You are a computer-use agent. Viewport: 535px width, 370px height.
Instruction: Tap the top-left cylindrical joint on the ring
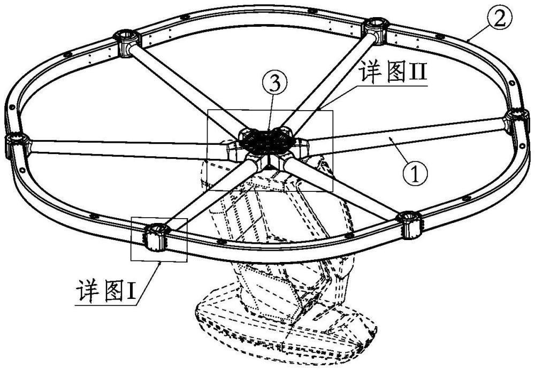(127, 41)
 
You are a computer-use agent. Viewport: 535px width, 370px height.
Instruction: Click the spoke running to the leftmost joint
(123, 148)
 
